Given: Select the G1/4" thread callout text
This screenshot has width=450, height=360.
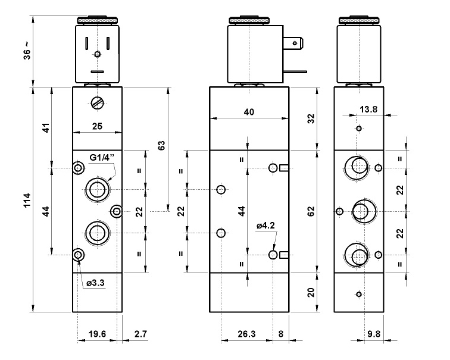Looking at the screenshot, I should click(102, 158).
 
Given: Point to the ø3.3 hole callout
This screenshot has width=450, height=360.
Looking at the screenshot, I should click(95, 283).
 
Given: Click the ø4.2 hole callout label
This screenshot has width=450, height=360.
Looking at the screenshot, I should click(265, 226).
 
